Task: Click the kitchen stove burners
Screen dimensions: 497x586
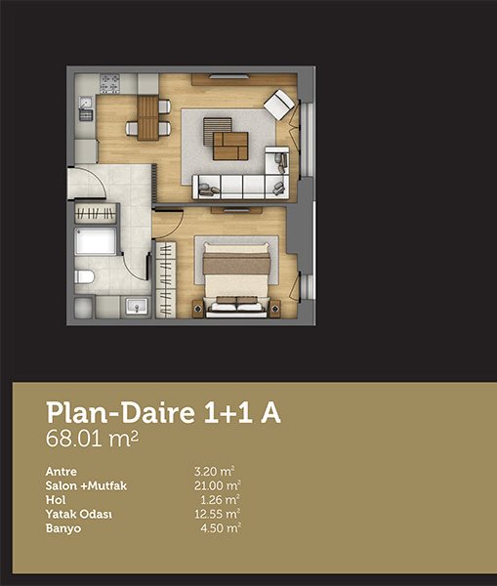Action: pos(109,84)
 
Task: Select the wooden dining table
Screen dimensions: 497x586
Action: pos(147,118)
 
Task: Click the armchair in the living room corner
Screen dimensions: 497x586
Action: pos(278,105)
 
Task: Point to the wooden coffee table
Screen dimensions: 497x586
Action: pos(230,146)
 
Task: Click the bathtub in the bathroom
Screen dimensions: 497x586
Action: pos(96,241)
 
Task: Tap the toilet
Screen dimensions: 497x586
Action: pos(84,277)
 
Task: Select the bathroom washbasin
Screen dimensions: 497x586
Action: pos(137,306)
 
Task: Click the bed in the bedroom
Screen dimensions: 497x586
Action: pos(236,279)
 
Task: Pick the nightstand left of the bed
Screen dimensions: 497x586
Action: pos(198,309)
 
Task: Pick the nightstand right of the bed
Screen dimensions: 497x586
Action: pos(275,309)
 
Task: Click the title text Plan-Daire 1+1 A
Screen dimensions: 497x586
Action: pos(163,413)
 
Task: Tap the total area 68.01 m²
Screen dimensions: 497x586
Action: pos(92,439)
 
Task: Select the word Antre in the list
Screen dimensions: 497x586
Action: pos(62,472)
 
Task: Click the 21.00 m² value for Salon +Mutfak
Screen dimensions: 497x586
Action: pos(218,485)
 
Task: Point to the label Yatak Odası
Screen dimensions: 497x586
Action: pos(79,515)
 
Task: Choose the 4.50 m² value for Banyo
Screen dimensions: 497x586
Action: pos(221,528)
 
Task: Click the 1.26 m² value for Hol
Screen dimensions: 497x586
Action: pos(221,500)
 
